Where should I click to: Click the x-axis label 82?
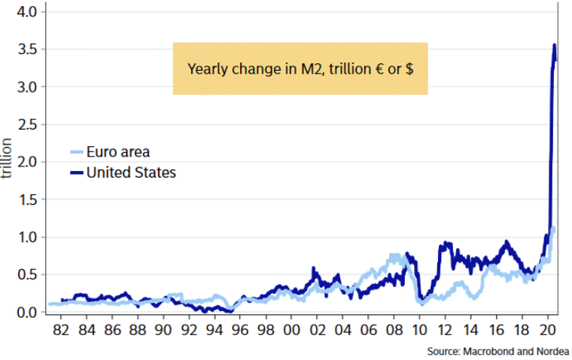62,331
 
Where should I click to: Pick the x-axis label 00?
291,331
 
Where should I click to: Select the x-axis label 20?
547,331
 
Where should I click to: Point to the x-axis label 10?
419,331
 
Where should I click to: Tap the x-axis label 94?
214,331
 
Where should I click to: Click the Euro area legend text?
118,153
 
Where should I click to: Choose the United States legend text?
131,172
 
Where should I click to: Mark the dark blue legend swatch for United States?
77,173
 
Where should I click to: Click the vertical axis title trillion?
8,157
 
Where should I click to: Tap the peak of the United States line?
555,45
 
